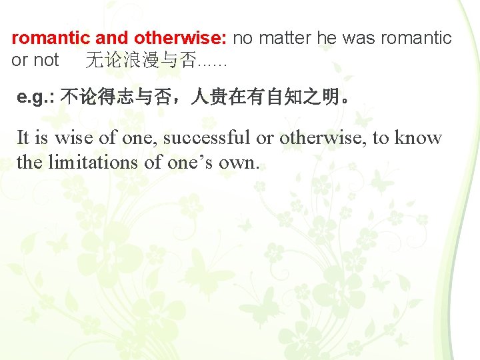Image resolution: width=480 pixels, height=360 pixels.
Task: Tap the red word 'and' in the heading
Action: [x=112, y=39]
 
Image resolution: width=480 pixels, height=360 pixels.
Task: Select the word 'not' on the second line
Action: [x=46, y=60]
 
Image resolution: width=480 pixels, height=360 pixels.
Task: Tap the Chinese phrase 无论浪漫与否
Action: [x=141, y=61]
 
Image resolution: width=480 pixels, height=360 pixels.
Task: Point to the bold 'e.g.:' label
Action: [x=36, y=99]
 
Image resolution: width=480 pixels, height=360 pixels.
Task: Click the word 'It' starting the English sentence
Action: [x=23, y=138]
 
